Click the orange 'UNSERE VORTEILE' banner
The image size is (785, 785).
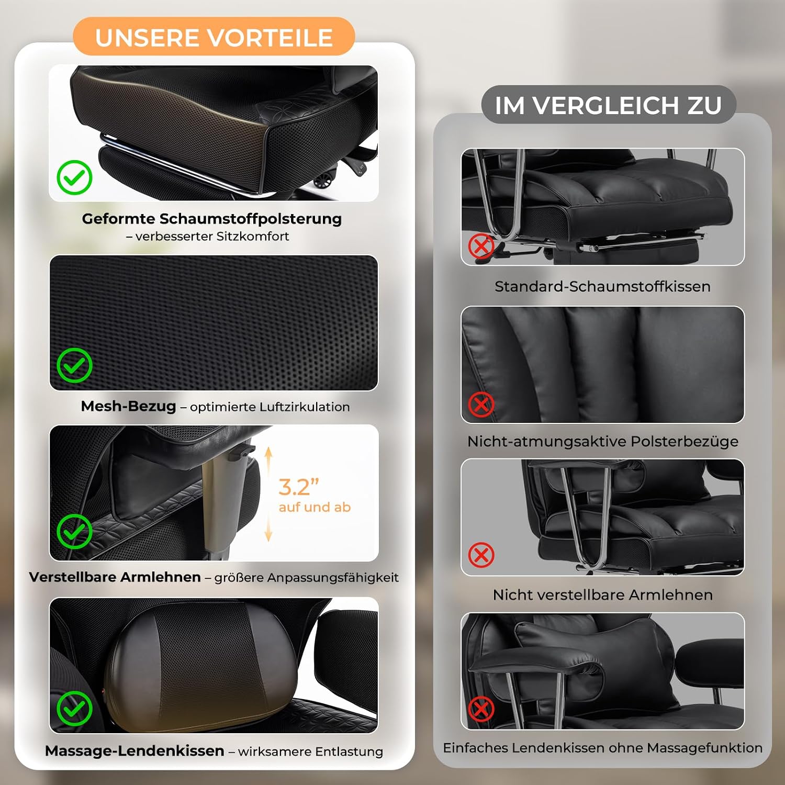(x=214, y=37)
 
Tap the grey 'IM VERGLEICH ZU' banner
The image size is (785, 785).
(x=609, y=105)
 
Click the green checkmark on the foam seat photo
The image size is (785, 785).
(x=74, y=177)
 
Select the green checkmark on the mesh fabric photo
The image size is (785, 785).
(x=74, y=365)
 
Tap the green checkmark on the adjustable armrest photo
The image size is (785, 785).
(x=74, y=531)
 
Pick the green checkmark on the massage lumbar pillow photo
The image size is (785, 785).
(x=74, y=709)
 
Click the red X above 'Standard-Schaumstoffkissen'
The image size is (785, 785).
(x=481, y=246)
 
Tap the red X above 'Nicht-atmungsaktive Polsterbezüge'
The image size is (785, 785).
(x=481, y=404)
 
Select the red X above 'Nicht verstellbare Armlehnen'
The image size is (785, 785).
(x=481, y=555)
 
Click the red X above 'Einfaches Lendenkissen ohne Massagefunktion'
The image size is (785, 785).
(x=481, y=709)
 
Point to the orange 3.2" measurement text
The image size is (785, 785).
(x=298, y=487)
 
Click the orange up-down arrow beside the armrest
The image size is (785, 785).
(x=268, y=495)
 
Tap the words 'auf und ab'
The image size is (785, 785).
(x=315, y=507)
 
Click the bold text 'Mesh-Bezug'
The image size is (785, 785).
(x=128, y=406)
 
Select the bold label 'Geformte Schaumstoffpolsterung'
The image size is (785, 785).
(x=212, y=219)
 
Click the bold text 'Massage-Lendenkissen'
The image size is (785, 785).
(x=134, y=751)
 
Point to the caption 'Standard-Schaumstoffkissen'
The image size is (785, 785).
(x=602, y=287)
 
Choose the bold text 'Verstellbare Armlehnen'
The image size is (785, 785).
(x=115, y=577)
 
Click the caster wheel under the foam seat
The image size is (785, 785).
(x=322, y=181)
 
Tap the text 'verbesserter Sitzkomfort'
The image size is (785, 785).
(x=212, y=237)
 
